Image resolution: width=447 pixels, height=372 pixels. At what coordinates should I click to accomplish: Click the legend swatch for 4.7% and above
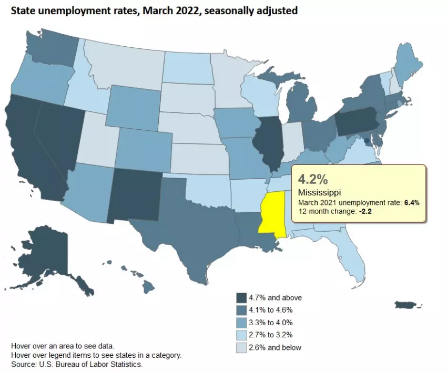point(242,297)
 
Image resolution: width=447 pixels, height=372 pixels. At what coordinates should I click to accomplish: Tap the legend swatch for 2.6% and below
point(242,347)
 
